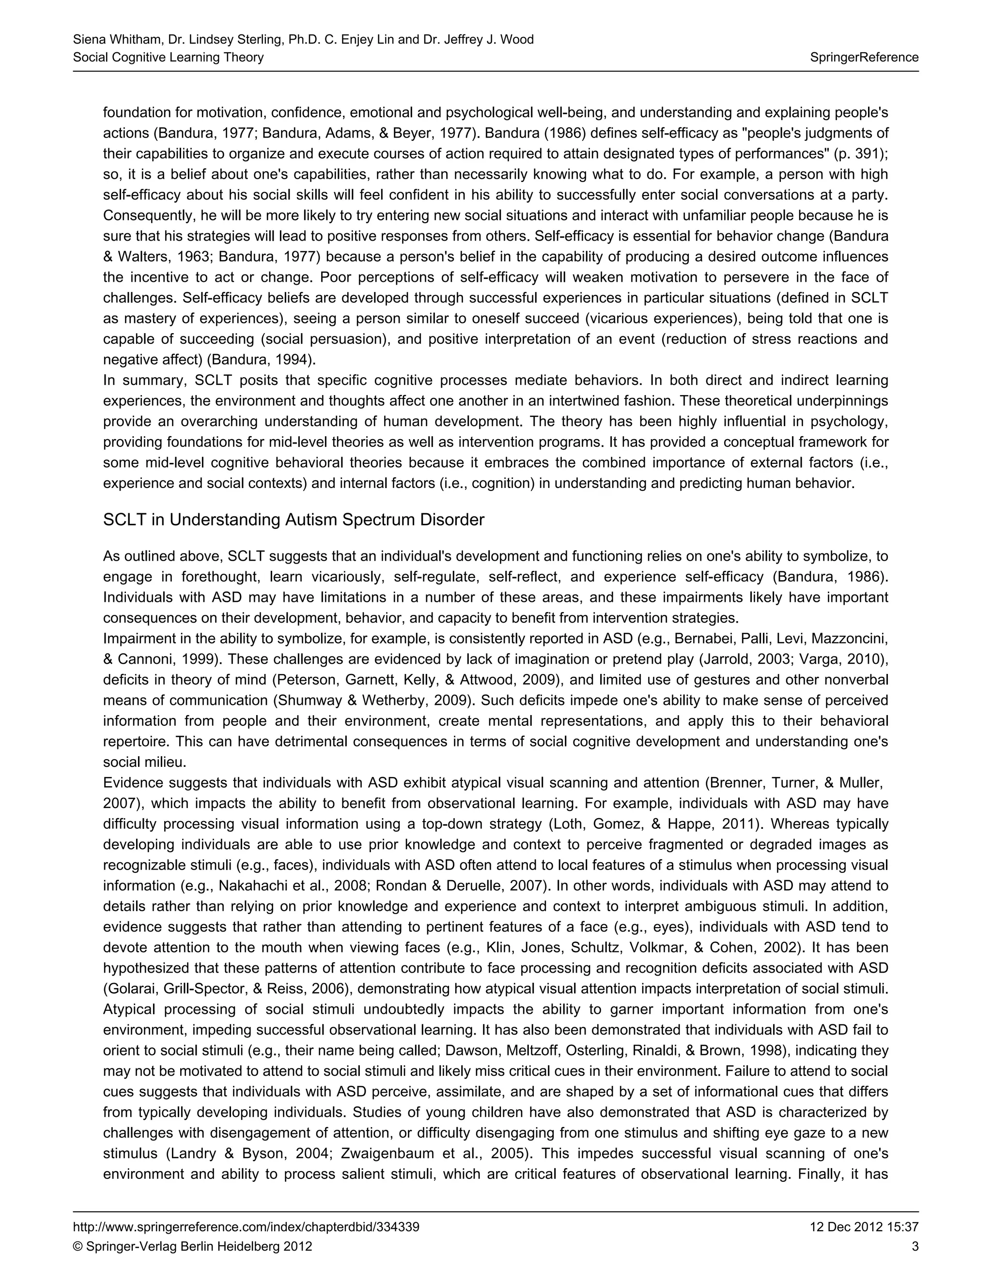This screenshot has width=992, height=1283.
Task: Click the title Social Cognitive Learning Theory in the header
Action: tap(168, 57)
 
